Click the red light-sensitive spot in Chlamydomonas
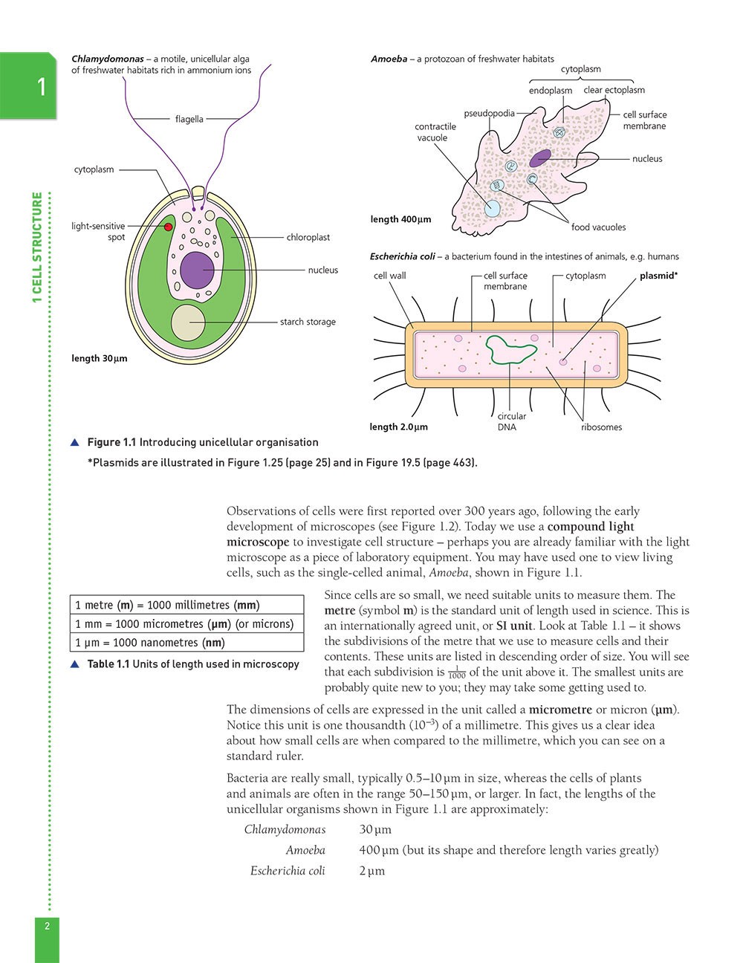point(169,227)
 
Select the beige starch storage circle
point(189,322)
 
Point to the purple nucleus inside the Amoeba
point(540,158)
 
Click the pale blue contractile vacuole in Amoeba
point(492,208)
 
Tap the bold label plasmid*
point(658,276)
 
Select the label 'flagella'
point(189,119)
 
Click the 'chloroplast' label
point(308,238)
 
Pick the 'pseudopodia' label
point(489,114)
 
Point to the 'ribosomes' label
point(601,427)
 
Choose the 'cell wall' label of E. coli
point(389,276)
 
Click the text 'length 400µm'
point(400,220)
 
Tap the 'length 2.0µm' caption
point(398,427)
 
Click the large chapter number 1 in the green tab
point(42,88)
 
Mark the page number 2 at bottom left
point(47,926)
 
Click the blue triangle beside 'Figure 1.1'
point(74,443)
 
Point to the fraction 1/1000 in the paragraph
point(456,673)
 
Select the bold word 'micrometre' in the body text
point(560,710)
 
